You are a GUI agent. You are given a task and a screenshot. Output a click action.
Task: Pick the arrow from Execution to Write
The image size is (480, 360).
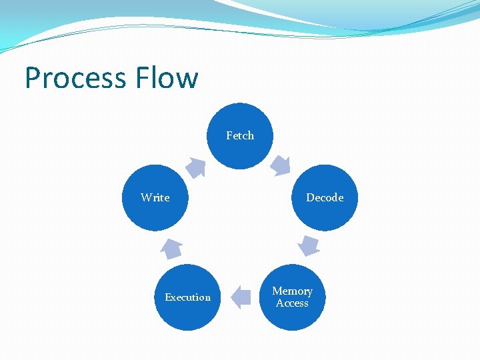(171, 248)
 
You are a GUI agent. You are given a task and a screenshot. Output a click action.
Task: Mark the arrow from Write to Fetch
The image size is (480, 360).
(196, 167)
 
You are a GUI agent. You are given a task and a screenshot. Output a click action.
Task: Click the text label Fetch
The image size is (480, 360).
(240, 135)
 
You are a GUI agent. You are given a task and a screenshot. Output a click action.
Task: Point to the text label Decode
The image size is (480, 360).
(325, 197)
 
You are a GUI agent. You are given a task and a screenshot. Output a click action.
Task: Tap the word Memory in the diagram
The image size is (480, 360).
(292, 291)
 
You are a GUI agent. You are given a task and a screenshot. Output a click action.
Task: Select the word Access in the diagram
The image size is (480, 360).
(292, 303)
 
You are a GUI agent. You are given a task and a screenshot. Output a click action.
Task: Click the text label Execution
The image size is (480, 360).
(187, 297)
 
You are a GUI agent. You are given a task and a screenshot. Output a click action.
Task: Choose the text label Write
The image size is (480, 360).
(155, 197)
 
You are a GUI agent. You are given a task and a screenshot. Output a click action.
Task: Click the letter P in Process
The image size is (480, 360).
(32, 78)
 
